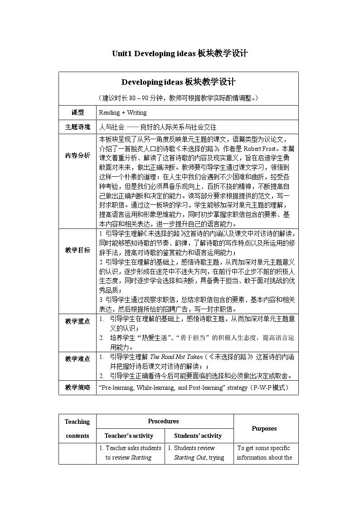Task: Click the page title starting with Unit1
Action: click(x=180, y=53)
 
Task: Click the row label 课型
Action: click(x=78, y=113)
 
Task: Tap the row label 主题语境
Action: click(x=78, y=127)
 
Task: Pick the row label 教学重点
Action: click(x=78, y=321)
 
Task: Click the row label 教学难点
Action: click(x=78, y=359)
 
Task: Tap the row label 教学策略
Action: click(x=78, y=388)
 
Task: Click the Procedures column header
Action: click(x=163, y=421)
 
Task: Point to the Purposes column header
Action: click(x=264, y=428)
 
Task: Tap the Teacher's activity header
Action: click(x=129, y=436)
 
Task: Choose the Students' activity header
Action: click(x=198, y=436)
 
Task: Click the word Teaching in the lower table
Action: click(x=78, y=422)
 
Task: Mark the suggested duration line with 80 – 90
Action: click(x=178, y=98)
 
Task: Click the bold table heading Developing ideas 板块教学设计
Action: click(x=178, y=82)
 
